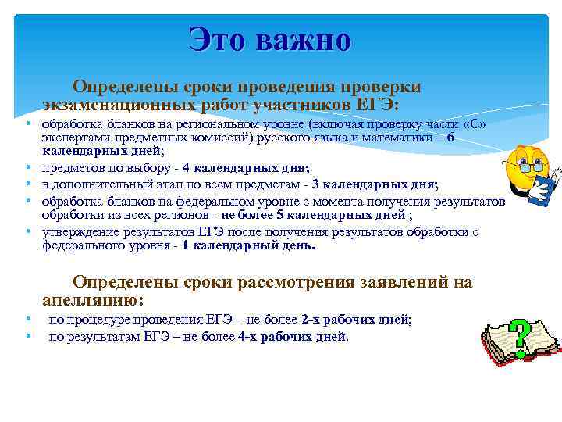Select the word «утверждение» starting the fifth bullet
click(x=76, y=231)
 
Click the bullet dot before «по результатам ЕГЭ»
click(x=27, y=337)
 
